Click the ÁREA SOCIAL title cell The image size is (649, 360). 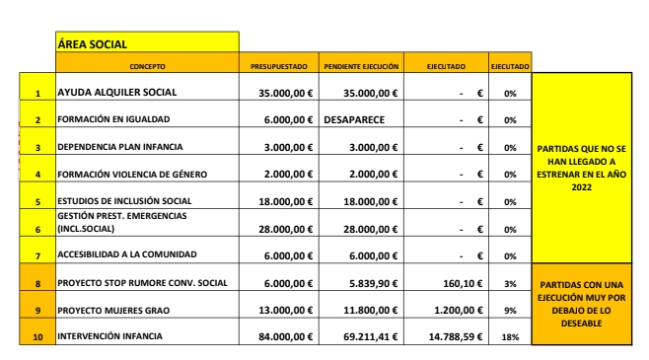click(x=146, y=42)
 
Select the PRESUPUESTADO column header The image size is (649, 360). click(x=279, y=66)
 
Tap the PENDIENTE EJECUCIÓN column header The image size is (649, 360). click(x=361, y=66)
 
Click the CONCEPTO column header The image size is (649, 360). click(x=147, y=66)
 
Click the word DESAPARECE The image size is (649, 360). click(x=353, y=119)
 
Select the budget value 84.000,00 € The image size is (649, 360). click(x=283, y=336)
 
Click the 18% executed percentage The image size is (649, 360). click(x=510, y=337)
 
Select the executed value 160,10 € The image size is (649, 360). click(x=461, y=283)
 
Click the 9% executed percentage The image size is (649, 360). click(x=510, y=311)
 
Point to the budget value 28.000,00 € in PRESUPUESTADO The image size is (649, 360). click(x=283, y=229)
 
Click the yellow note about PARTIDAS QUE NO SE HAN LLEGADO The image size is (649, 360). click(x=581, y=169)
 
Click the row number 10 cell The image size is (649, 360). click(x=37, y=337)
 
